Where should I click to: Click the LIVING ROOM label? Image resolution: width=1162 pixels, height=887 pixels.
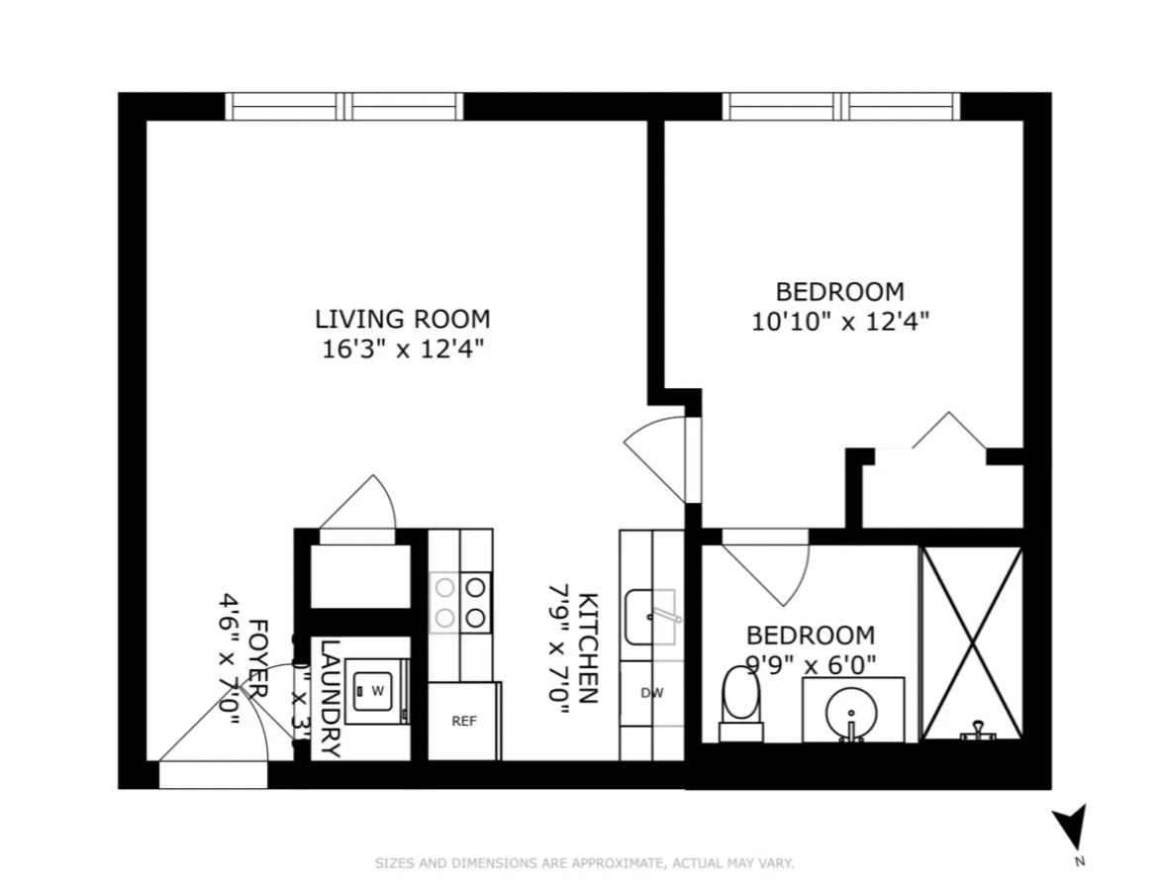click(402, 319)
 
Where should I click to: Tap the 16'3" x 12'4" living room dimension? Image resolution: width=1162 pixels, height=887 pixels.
click(402, 349)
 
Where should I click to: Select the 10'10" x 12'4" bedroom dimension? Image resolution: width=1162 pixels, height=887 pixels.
click(839, 322)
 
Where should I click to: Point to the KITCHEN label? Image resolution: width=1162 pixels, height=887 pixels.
click(588, 647)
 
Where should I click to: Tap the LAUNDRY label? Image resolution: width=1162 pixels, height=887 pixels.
click(331, 698)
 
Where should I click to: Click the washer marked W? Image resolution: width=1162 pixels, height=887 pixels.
click(377, 691)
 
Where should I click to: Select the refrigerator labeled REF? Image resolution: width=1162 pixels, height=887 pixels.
click(464, 722)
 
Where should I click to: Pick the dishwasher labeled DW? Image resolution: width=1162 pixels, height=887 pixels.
click(651, 693)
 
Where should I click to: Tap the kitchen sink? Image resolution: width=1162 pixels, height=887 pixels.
click(651, 616)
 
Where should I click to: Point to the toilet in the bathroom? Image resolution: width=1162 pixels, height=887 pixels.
click(740, 703)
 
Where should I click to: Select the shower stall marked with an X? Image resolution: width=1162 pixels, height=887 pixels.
click(971, 642)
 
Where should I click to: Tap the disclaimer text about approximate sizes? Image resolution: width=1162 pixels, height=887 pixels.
click(584, 863)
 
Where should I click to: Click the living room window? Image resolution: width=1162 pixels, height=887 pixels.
click(344, 106)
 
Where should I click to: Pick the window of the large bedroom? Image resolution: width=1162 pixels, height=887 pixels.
click(841, 106)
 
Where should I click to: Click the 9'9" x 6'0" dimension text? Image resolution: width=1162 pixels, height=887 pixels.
click(811, 664)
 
